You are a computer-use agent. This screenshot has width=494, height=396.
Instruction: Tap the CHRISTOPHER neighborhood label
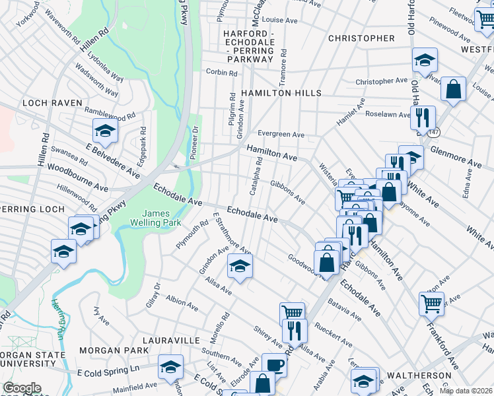click(361, 38)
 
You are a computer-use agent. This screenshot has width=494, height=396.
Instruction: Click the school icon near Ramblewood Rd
click(105, 131)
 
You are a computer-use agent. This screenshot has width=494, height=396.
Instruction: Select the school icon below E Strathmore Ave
click(240, 267)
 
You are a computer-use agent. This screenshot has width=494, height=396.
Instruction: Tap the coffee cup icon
click(274, 364)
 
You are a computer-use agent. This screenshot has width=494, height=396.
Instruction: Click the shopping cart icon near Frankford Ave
click(431, 304)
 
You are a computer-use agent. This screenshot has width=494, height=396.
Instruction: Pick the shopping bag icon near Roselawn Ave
click(453, 88)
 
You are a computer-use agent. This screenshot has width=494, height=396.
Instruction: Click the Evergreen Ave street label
click(281, 134)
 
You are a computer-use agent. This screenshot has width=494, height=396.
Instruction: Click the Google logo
click(22, 388)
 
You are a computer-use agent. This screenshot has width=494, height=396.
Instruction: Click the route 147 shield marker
click(434, 133)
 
